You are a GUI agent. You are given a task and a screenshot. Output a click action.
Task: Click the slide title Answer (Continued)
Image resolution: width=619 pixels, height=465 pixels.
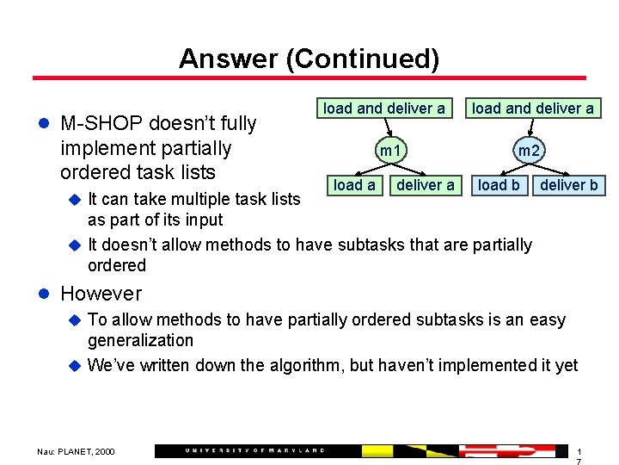click(x=309, y=59)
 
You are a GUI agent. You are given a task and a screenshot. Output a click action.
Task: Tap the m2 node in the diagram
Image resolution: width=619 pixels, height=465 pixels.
click(x=528, y=152)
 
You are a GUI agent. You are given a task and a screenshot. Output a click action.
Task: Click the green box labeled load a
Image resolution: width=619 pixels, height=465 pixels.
click(x=354, y=184)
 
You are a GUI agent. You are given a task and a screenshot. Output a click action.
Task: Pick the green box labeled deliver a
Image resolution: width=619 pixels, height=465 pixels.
click(x=425, y=184)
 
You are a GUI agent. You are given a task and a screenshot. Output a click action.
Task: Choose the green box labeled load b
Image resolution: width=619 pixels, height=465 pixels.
click(x=499, y=184)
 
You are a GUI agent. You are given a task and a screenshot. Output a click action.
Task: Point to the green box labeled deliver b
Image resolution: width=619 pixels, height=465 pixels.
click(x=568, y=184)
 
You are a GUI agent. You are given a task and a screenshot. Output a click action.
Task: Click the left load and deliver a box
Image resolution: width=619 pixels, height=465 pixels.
click(x=383, y=108)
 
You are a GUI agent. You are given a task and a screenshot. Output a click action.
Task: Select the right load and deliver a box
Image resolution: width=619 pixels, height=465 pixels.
click(x=532, y=108)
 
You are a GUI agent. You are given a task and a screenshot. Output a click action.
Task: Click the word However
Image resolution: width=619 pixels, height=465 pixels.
click(x=101, y=294)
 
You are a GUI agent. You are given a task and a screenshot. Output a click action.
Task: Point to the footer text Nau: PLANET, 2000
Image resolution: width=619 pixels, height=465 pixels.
click(x=75, y=451)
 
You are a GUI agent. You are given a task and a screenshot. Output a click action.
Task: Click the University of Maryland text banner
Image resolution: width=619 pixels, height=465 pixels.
click(x=255, y=450)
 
